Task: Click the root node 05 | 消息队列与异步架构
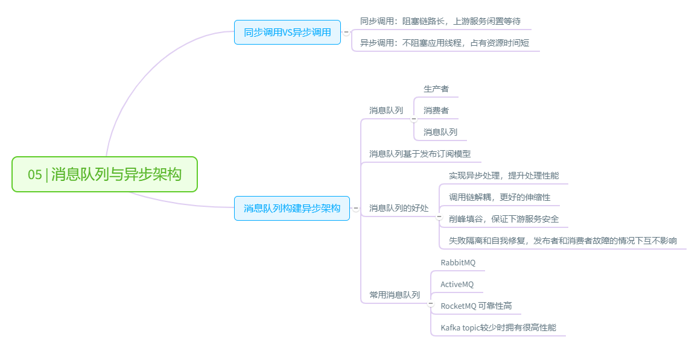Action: click(x=104, y=174)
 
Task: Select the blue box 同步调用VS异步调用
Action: click(x=287, y=32)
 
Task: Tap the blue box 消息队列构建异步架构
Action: click(x=291, y=208)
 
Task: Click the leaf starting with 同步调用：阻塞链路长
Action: click(x=440, y=21)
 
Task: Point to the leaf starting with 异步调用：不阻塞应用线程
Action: click(x=444, y=43)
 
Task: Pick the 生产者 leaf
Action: click(x=436, y=89)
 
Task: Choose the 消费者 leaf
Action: click(x=436, y=110)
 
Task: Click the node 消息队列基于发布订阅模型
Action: click(x=419, y=154)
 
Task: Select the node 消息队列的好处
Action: click(x=399, y=208)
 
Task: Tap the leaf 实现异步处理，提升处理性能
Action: click(x=504, y=175)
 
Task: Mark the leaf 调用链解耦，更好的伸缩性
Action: click(x=500, y=197)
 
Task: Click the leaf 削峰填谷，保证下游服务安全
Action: click(x=504, y=219)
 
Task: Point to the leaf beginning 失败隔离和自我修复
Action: click(x=562, y=241)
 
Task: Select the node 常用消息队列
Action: click(x=395, y=295)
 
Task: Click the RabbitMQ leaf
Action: click(x=458, y=262)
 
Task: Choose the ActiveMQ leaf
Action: click(x=457, y=284)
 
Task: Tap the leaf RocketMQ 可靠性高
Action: click(x=476, y=306)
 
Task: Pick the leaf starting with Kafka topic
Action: click(x=498, y=327)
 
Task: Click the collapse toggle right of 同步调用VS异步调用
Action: click(x=346, y=32)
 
